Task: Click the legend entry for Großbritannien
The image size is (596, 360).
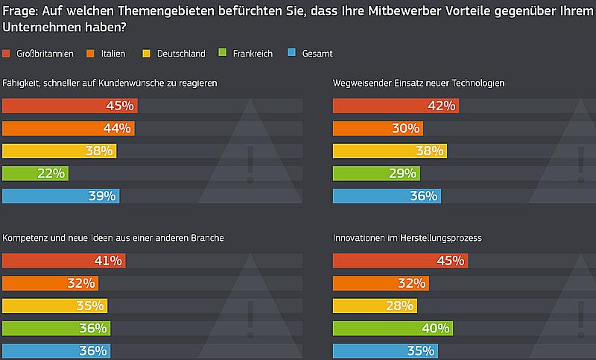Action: [x=37, y=54]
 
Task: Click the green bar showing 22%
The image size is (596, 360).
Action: [x=36, y=174]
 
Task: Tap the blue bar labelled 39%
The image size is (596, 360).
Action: [x=60, y=196]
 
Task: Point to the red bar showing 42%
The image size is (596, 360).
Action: [x=395, y=106]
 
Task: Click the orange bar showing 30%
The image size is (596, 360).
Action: [x=378, y=128]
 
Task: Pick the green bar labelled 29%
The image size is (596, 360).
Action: [x=375, y=174]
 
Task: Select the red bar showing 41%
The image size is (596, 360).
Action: [x=63, y=261]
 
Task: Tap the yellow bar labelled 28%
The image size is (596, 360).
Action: [x=374, y=306]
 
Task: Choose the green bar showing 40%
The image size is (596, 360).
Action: [x=392, y=328]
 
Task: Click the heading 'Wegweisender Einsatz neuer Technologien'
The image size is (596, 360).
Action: [x=419, y=83]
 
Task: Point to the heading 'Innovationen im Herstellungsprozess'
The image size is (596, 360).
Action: [x=407, y=238]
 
